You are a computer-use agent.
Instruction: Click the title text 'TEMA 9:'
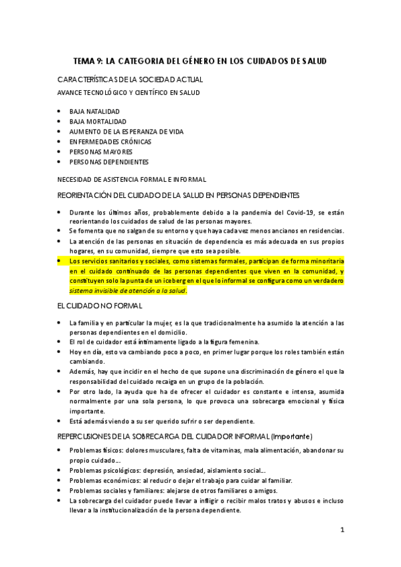(x=88, y=61)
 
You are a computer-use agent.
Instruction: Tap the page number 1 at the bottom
(x=342, y=530)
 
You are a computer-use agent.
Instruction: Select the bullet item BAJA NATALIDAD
(x=94, y=111)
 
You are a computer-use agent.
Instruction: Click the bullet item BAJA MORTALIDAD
(x=98, y=122)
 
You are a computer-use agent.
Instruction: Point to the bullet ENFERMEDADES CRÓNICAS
(x=110, y=142)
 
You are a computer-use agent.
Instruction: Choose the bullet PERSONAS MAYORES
(x=100, y=152)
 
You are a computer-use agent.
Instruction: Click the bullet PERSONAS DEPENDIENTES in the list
(x=108, y=162)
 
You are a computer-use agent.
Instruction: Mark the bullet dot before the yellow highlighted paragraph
(x=60, y=261)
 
